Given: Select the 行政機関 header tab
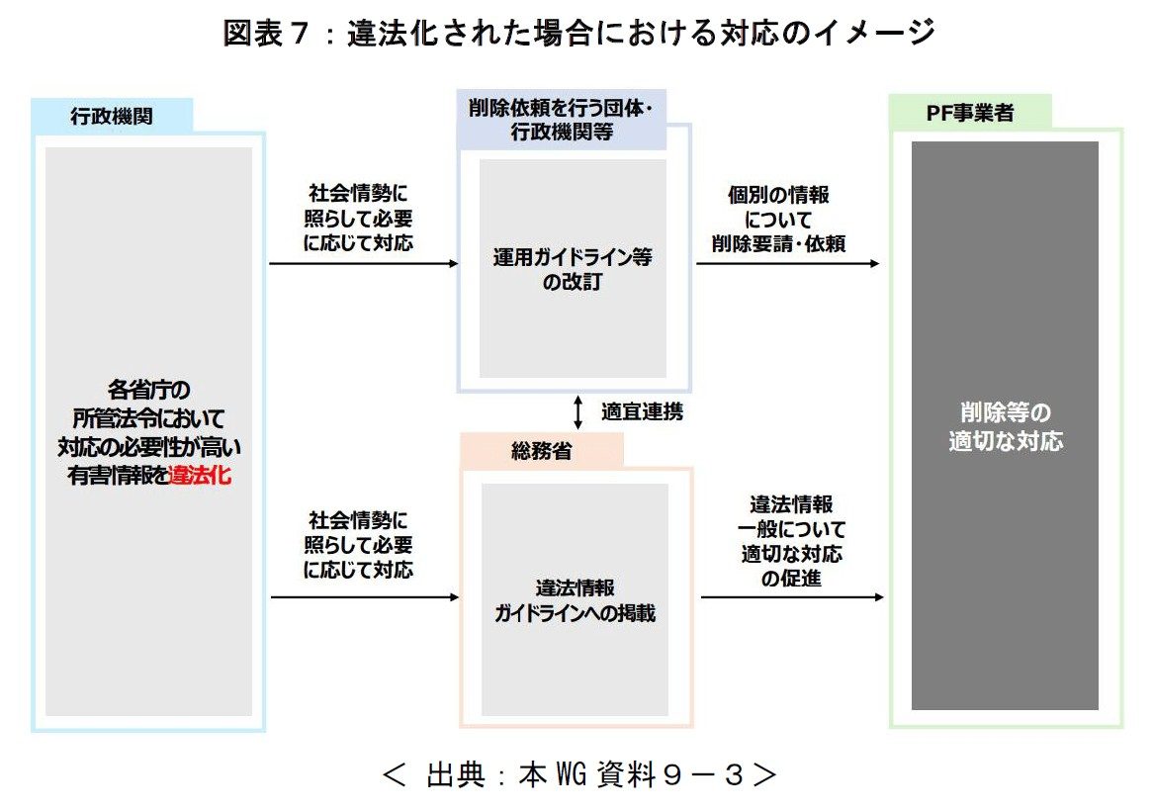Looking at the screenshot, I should pyautogui.click(x=111, y=116).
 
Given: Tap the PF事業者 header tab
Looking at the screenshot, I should pyautogui.click(x=968, y=113).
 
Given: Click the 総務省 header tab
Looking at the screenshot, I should pyautogui.click(x=541, y=450).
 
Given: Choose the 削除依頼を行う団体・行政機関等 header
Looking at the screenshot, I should pyautogui.click(x=562, y=119).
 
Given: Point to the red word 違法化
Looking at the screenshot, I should pyautogui.click(x=201, y=475).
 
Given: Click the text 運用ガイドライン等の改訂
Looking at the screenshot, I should pyautogui.click(x=573, y=269).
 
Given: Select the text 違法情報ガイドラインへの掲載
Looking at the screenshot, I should pyautogui.click(x=575, y=600).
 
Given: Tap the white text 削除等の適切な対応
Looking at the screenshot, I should pyautogui.click(x=1005, y=426).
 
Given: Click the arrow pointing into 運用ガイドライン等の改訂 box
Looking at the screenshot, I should pyautogui.click(x=364, y=264).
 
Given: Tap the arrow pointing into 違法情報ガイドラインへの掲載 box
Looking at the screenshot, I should pyautogui.click(x=364, y=597).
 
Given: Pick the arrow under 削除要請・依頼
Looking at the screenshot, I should pyautogui.click(x=787, y=264).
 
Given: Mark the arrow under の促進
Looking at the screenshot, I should pyautogui.click(x=790, y=597).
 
